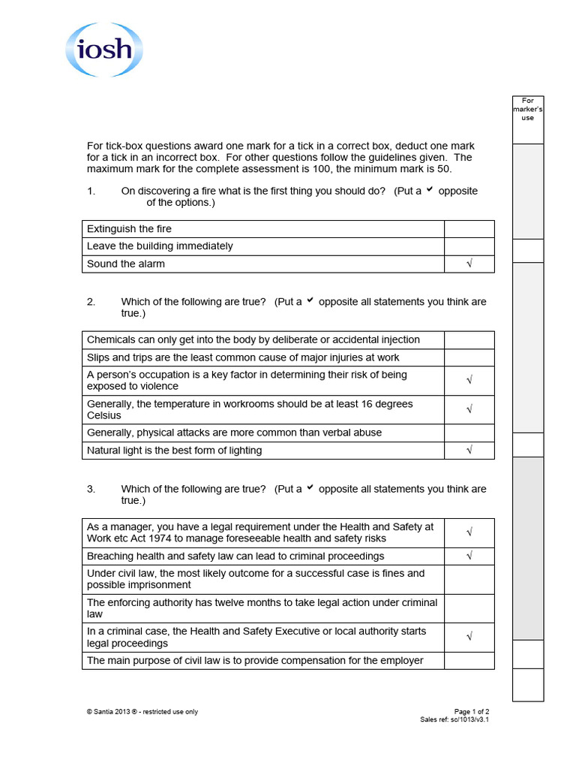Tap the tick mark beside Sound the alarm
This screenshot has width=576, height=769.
point(469,264)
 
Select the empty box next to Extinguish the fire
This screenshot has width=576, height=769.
point(469,228)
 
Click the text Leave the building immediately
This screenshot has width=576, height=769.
point(160,246)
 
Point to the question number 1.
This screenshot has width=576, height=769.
point(91,191)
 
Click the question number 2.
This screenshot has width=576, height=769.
point(91,302)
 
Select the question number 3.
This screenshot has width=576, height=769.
point(91,489)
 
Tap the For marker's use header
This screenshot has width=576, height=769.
point(528,109)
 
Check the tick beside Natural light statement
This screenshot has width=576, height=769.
point(469,451)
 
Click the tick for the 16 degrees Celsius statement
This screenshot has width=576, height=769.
point(469,409)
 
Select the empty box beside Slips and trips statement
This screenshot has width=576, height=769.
point(469,357)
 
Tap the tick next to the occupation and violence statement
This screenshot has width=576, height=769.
point(469,380)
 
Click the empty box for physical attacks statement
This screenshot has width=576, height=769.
point(469,433)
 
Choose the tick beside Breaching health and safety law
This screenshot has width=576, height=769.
point(469,556)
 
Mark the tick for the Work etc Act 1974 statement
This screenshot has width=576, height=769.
point(469,532)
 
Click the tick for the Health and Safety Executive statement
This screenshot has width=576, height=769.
point(469,637)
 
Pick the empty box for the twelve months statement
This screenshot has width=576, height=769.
point(469,608)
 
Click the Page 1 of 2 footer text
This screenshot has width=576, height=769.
point(472,712)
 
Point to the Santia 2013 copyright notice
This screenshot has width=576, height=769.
point(142,712)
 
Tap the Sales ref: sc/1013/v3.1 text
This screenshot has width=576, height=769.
point(454,719)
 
